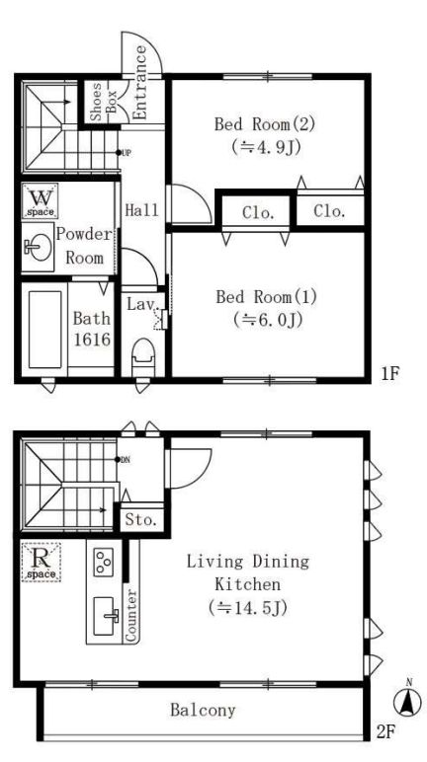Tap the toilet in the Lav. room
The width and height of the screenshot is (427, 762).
[x=143, y=357]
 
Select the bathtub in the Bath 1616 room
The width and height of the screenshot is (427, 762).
[x=44, y=329]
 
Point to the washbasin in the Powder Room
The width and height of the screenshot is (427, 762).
[x=38, y=248]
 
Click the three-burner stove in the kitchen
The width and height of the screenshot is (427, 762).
[x=104, y=563]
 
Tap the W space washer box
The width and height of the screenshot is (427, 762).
[x=40, y=200]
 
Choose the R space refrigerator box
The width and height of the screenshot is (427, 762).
[x=41, y=562]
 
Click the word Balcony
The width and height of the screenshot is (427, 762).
[x=203, y=710]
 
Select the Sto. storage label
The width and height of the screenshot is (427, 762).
[x=141, y=519]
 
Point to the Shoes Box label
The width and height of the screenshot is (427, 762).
[x=104, y=102]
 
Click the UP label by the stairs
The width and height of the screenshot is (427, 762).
[x=127, y=153]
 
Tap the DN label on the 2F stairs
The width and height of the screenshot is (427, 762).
[x=126, y=459]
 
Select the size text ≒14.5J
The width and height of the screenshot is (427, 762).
[x=247, y=607]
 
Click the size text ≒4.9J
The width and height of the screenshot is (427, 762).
[x=265, y=146]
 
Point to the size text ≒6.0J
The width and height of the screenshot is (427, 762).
[x=268, y=319]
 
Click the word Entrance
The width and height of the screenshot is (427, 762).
[x=140, y=83]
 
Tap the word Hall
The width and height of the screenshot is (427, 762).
[x=141, y=210]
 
